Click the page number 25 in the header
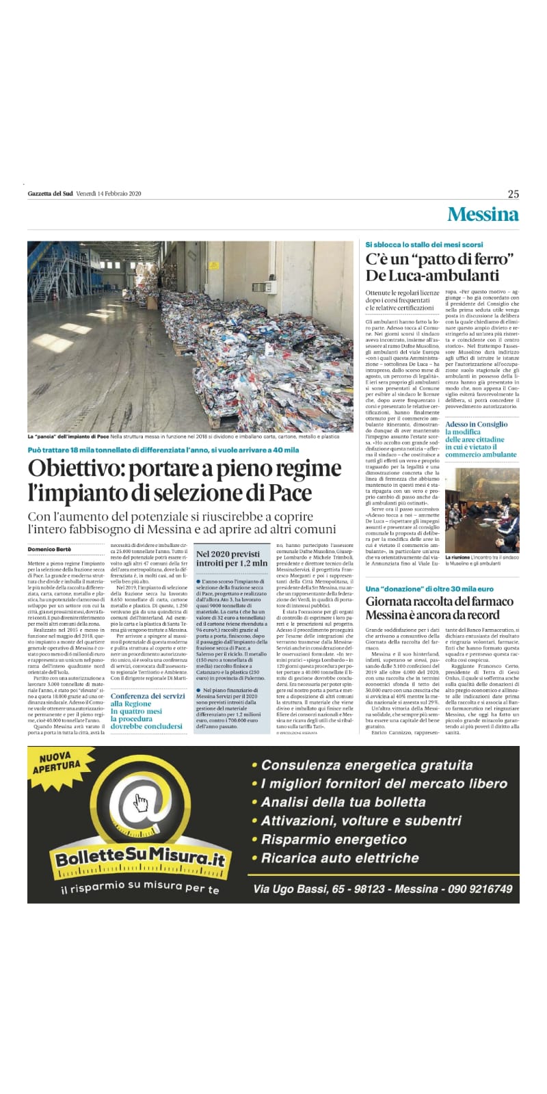[513, 194]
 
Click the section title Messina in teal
[483, 215]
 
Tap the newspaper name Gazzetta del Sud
[50, 194]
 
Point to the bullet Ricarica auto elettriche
[340, 858]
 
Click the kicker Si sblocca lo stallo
[424, 244]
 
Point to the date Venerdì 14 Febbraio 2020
[108, 194]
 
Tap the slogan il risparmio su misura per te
[139, 890]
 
